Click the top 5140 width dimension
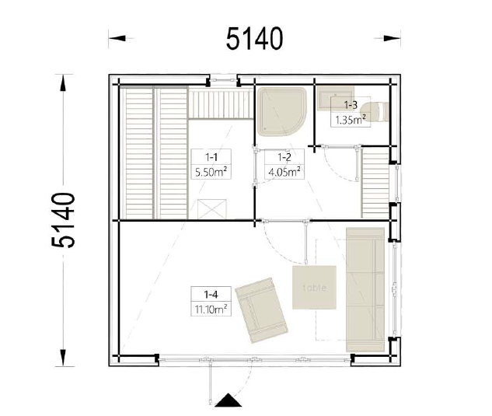(x=254, y=38)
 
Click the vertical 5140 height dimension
(x=64, y=220)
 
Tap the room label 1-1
(x=211, y=156)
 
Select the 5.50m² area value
(x=211, y=172)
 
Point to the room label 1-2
(x=284, y=156)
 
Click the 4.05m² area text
(x=284, y=172)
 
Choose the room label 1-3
(x=351, y=105)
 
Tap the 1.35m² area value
(x=351, y=120)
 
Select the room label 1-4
(x=211, y=294)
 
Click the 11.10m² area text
(x=211, y=309)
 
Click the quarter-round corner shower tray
(x=281, y=111)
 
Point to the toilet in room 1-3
(x=375, y=111)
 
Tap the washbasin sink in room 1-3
(x=336, y=98)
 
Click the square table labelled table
(x=315, y=288)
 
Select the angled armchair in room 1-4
(x=261, y=310)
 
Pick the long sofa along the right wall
(x=365, y=289)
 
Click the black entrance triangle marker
(x=228, y=400)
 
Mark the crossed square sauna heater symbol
(x=211, y=209)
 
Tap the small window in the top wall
(x=223, y=80)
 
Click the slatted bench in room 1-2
(x=375, y=184)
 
